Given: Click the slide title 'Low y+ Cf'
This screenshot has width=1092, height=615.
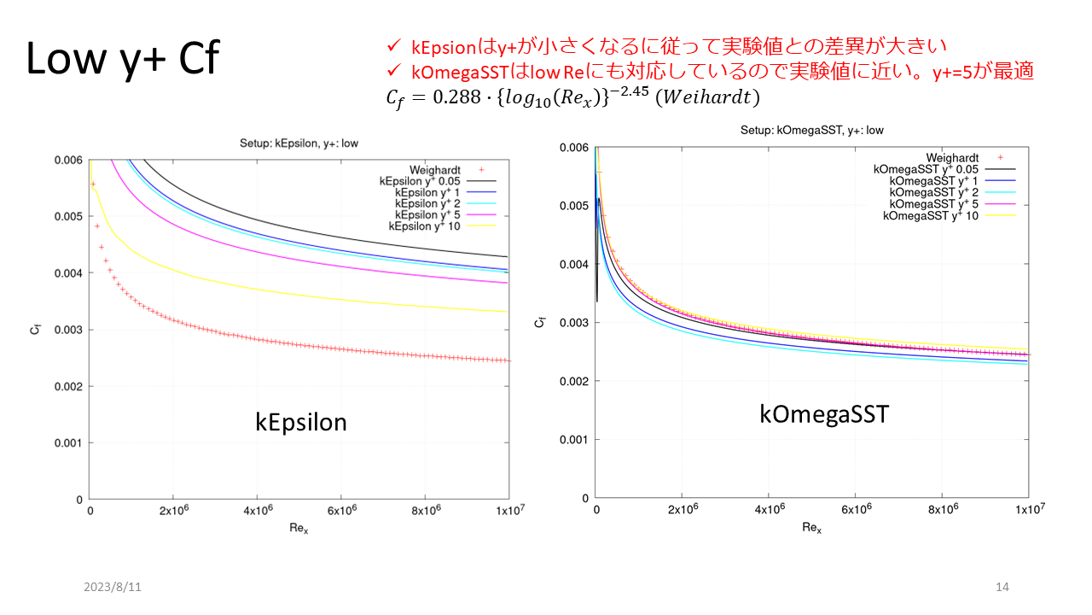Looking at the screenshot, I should (123, 59).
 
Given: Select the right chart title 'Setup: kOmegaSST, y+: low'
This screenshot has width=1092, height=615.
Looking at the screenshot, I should (811, 131).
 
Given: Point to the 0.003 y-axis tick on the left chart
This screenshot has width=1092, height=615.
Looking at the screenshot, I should (67, 330).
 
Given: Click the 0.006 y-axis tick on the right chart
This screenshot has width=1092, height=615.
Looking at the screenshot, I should (574, 148).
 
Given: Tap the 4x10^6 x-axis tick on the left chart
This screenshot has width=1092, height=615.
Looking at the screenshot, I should (258, 510).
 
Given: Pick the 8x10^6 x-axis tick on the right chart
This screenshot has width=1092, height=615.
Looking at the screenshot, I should (943, 509).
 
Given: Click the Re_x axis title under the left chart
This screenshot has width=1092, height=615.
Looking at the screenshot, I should (299, 529).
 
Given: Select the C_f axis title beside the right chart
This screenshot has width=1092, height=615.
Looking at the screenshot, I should (539, 322).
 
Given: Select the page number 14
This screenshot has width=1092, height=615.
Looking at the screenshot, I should (1002, 588).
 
